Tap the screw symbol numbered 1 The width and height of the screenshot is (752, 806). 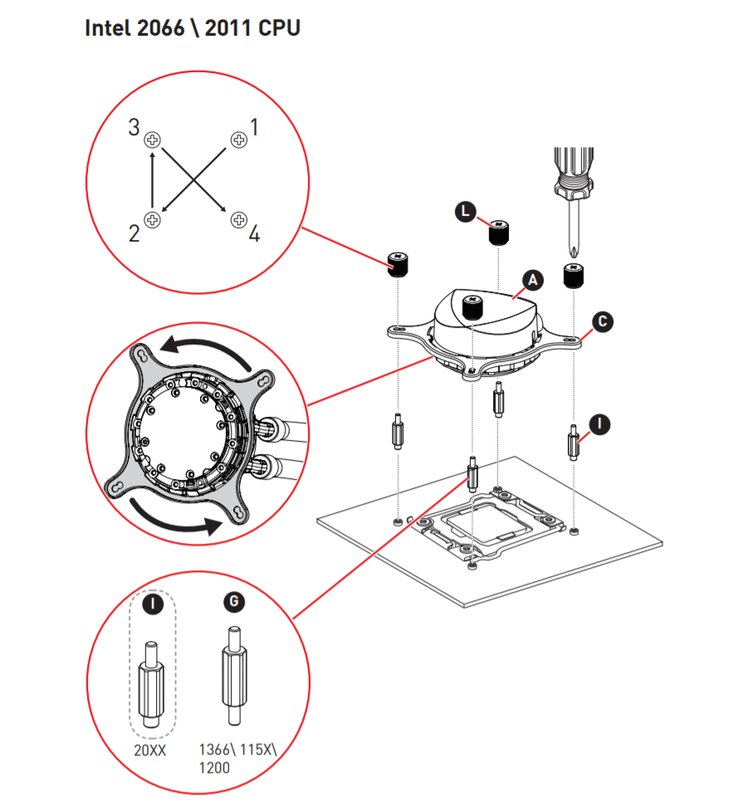(x=239, y=139)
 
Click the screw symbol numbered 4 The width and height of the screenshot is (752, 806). (x=239, y=220)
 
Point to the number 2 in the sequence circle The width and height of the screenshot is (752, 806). (x=134, y=234)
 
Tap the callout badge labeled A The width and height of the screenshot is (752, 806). (x=532, y=281)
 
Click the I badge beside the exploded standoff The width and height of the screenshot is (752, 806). (x=599, y=424)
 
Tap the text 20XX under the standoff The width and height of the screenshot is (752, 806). (x=151, y=750)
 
